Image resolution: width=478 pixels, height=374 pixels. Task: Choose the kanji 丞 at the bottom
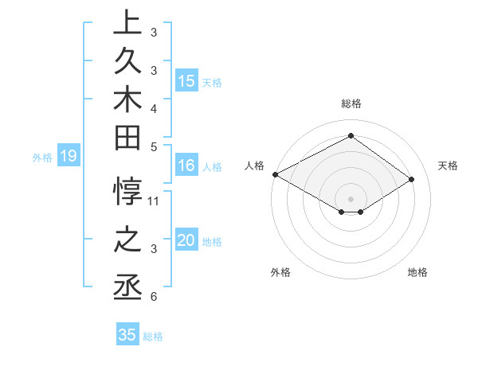coord(127,287)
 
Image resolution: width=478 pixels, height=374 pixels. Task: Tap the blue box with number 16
coord(186,166)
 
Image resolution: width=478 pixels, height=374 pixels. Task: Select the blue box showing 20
coord(186,240)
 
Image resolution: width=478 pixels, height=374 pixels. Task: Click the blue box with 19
coord(69,156)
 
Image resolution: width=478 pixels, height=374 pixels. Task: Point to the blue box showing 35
coord(127,335)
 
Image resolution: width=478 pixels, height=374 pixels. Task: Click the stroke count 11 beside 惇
coord(154,201)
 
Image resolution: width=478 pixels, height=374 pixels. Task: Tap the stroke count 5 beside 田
coord(154,146)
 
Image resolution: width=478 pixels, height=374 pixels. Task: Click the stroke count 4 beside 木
coord(154,107)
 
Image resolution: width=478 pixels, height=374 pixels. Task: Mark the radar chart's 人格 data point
coord(275,174)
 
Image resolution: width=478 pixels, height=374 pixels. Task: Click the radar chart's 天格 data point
coord(412,180)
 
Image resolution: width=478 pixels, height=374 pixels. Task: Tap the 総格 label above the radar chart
coord(351,103)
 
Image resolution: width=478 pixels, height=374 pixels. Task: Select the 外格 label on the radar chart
coord(280,272)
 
